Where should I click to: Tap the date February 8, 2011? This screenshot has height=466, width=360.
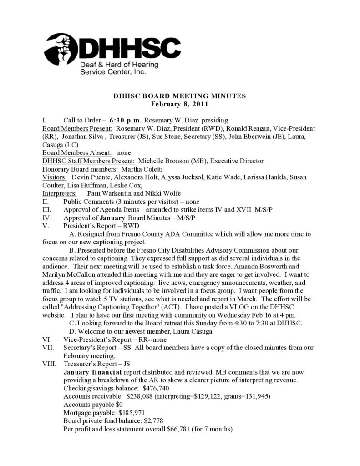(179, 104)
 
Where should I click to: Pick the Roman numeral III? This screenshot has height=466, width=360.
(47, 209)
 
